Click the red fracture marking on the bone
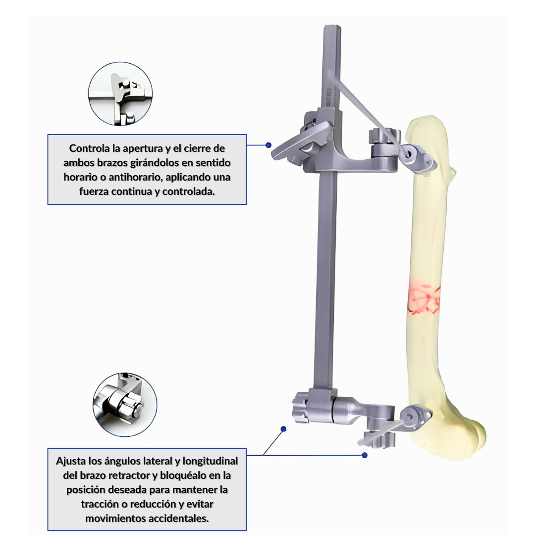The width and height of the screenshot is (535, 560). click(x=424, y=298)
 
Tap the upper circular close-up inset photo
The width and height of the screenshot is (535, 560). click(x=120, y=93)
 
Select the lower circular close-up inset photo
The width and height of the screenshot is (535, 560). click(x=125, y=404)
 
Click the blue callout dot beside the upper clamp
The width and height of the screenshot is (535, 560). click(x=268, y=145)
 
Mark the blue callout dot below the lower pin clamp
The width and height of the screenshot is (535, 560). click(x=365, y=455)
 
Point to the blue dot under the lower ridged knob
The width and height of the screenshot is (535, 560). click(x=283, y=429)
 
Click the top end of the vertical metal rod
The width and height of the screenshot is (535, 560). click(x=332, y=26)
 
